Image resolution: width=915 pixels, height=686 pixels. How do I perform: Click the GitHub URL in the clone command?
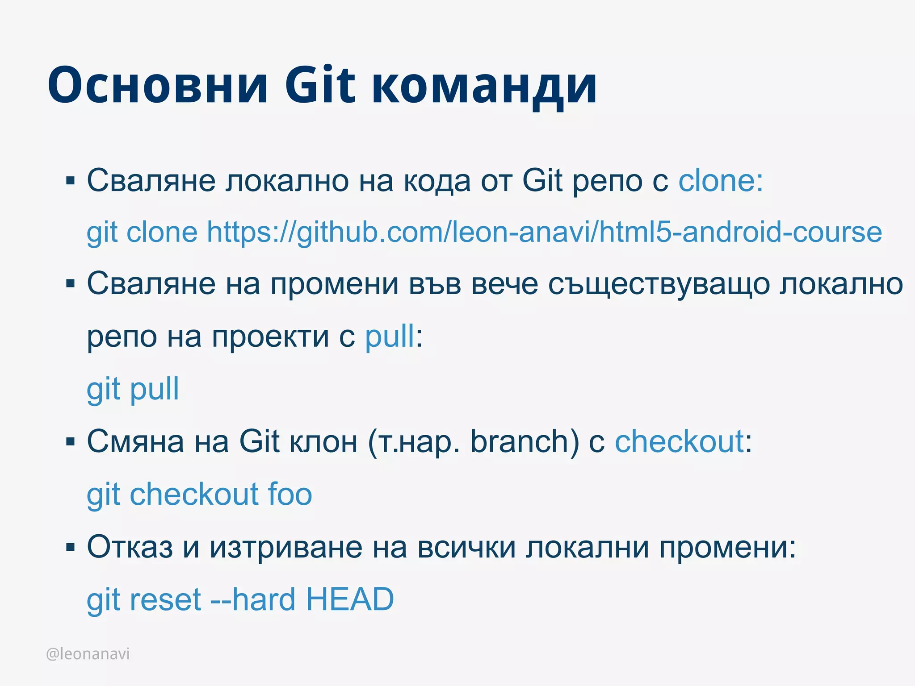click(544, 232)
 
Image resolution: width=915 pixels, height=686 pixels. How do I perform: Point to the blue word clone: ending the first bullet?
click(721, 181)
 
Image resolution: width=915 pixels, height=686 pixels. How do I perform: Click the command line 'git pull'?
click(133, 390)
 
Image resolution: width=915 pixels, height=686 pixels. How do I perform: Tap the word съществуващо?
click(659, 285)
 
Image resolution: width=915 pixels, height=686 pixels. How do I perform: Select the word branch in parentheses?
click(519, 441)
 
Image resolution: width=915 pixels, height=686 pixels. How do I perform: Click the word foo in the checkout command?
click(290, 494)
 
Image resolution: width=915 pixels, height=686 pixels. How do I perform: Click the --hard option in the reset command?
click(254, 599)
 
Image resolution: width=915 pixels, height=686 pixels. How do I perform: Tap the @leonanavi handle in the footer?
click(88, 654)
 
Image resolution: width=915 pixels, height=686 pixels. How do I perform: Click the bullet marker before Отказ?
click(70, 547)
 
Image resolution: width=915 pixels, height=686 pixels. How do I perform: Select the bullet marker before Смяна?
click(70, 442)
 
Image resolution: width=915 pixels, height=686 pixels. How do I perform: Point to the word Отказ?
click(130, 547)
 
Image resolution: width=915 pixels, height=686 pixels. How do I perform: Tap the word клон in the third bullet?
click(323, 442)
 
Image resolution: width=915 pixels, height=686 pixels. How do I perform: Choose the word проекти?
click(270, 337)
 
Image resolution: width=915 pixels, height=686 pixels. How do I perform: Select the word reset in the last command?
click(165, 599)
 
